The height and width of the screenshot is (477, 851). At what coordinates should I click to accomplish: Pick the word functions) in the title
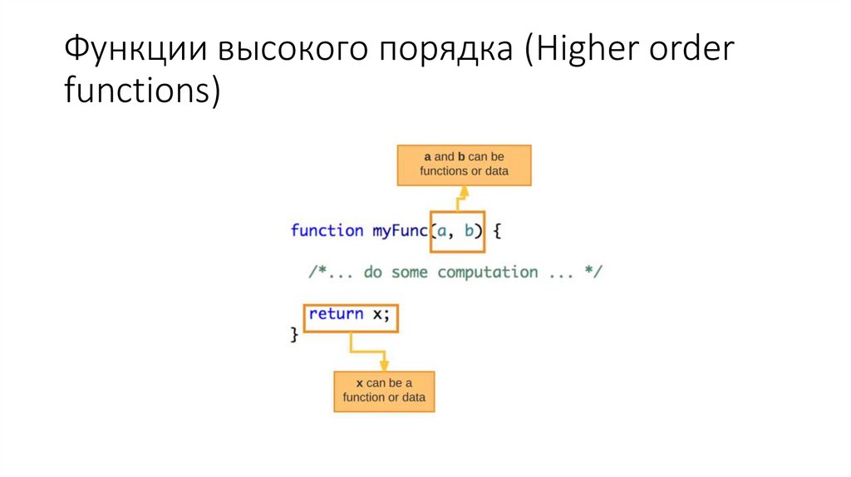point(142,91)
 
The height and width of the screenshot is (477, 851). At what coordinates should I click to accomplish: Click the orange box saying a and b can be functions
point(464,165)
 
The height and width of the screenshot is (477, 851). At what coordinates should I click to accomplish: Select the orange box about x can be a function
point(384,390)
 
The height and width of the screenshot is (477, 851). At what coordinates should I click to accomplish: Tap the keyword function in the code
point(327,230)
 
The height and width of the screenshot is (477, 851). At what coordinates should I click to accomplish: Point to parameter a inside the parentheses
point(441,230)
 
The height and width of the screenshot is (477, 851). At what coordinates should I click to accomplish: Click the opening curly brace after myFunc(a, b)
point(497,230)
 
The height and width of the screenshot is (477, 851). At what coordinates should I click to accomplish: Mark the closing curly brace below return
point(293,334)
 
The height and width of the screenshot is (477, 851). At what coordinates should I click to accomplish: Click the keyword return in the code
point(336,314)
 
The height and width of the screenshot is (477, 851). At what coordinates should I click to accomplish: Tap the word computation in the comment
point(487,273)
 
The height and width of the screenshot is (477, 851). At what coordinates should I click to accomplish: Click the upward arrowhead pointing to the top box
point(463,193)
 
